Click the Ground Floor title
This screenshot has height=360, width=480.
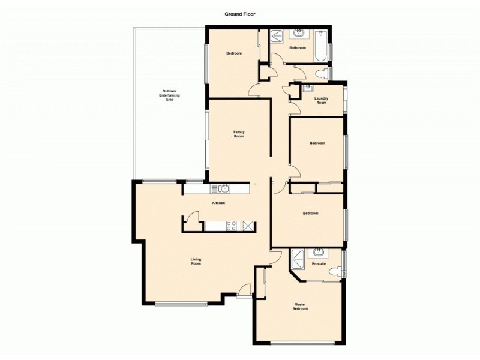[x=240, y=13]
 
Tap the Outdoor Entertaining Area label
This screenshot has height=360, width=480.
[x=169, y=95]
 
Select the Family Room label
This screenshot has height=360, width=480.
[x=239, y=134]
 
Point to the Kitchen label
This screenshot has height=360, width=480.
[x=218, y=203]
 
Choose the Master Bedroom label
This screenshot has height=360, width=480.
[x=300, y=307]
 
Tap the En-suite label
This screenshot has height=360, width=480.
[x=319, y=263]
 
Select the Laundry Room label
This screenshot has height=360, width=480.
[x=322, y=101]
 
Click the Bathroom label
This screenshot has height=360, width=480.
[x=298, y=48]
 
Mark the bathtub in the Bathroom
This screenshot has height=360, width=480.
[x=321, y=44]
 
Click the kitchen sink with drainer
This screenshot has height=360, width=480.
[x=221, y=189]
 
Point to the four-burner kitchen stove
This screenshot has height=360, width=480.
[x=230, y=226]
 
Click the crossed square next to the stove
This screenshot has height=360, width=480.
[x=248, y=226]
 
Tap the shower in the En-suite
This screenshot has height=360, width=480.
[x=298, y=260]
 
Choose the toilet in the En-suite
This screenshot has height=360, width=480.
[x=335, y=272]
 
